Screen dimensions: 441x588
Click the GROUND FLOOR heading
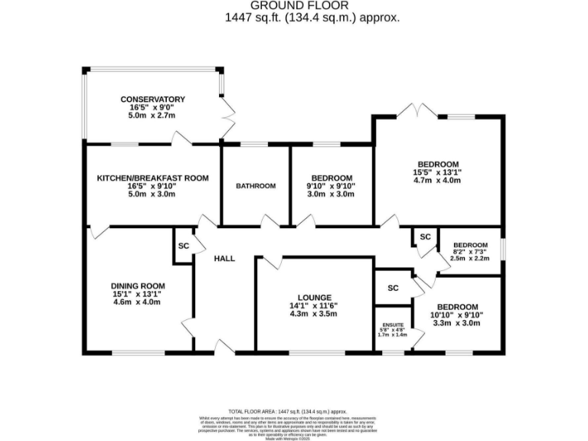[x=293, y=5]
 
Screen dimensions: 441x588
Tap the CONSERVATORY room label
[x=152, y=100]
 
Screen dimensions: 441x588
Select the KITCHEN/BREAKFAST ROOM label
[x=152, y=178]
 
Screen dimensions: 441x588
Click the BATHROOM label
[x=255, y=186]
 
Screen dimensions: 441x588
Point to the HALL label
[x=224, y=259]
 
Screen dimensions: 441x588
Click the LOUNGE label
[x=315, y=298]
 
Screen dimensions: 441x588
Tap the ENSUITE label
[x=392, y=325]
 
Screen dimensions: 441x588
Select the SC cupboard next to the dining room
[x=183, y=247]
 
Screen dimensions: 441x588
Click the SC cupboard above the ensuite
[x=393, y=288]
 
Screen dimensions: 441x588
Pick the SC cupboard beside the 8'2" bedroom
[x=425, y=237]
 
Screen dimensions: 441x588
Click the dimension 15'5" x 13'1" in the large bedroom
[x=438, y=172]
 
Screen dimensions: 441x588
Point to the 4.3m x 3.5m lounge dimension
[x=315, y=314]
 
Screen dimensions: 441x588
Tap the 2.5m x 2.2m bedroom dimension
[x=469, y=258]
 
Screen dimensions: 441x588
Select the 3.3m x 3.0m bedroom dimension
[x=458, y=323]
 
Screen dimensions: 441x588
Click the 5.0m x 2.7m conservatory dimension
[x=152, y=116]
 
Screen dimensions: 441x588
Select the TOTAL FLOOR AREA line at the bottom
[x=293, y=411]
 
